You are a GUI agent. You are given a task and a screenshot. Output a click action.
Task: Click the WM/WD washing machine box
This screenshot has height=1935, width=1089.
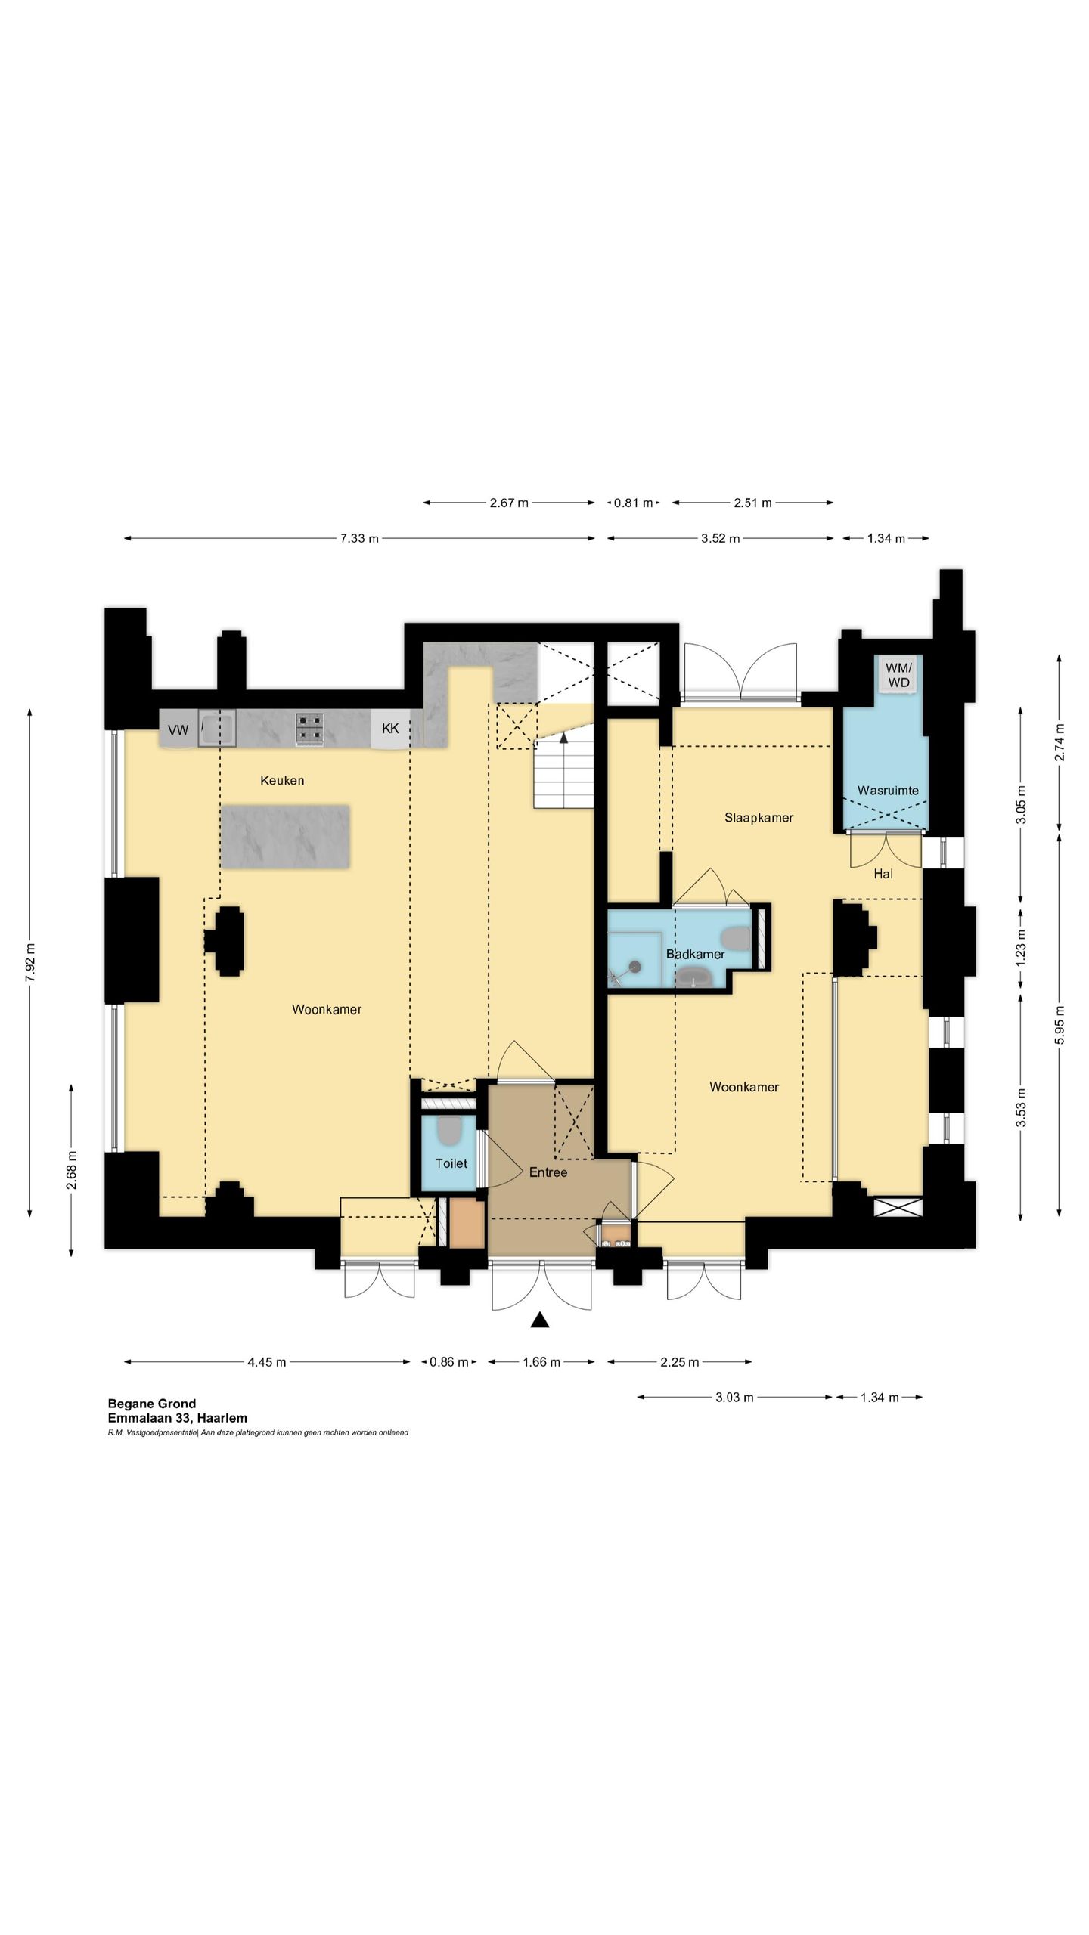898,673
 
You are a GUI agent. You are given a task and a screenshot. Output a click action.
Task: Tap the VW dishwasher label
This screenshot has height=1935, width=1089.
178,730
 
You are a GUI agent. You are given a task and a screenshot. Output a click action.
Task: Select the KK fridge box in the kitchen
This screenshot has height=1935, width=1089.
390,729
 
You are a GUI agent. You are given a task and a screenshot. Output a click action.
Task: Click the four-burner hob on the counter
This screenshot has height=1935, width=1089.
310,729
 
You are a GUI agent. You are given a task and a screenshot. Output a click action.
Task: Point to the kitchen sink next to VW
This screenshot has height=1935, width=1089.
217,728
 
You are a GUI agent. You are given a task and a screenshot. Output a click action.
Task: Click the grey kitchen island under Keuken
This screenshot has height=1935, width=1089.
286,837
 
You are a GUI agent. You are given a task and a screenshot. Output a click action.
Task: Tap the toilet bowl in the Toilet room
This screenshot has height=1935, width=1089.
449,1130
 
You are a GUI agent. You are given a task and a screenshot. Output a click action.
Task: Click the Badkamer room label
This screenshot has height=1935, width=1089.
695,954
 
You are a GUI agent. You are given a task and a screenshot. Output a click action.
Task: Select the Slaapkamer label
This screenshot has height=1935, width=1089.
759,817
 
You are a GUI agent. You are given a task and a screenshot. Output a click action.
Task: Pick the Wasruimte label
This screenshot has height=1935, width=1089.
888,790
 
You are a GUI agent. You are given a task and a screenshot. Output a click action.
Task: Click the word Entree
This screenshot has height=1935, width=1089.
548,1172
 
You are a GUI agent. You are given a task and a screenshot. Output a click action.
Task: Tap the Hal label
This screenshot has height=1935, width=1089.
883,873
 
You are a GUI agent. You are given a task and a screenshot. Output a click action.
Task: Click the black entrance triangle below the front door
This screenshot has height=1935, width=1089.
539,1320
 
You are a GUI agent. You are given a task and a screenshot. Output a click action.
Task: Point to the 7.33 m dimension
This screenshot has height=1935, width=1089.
359,538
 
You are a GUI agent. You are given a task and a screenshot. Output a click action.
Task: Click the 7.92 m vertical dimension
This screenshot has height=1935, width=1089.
30,963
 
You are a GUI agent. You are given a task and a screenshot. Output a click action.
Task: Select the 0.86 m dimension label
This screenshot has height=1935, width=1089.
449,1362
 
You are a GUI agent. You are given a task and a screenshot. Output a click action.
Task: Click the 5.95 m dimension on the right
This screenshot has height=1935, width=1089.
1060,1026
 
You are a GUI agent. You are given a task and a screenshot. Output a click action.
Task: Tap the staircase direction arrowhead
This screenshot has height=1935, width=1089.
563,738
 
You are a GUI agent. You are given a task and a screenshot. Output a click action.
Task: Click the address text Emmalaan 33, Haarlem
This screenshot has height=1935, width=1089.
178,1418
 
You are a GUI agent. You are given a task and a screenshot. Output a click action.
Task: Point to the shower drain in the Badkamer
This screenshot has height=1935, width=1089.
635,966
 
